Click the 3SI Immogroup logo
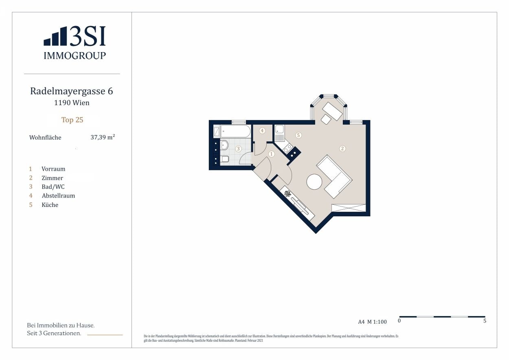[75, 43]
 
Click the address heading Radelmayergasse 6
[72, 91]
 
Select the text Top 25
[72, 120]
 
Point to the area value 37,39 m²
[103, 137]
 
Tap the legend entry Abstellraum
[58, 196]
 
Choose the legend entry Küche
[50, 205]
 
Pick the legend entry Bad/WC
[53, 187]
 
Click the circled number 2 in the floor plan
[342, 149]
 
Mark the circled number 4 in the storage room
[262, 131]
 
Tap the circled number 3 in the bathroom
[238, 149]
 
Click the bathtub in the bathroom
[235, 131]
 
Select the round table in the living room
[314, 182]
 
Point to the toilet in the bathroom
[224, 159]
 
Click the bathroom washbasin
[224, 145]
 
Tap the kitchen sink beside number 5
[279, 129]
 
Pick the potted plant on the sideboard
[287, 194]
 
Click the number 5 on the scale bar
[485, 320]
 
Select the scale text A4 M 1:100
[372, 322]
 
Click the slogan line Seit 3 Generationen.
[54, 333]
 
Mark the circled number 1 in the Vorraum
[271, 154]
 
